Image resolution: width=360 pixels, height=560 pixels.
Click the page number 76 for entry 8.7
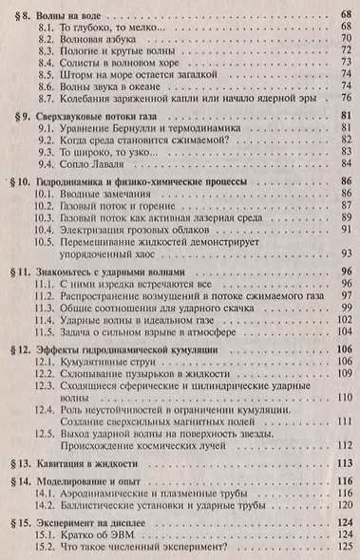[x=345, y=98]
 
